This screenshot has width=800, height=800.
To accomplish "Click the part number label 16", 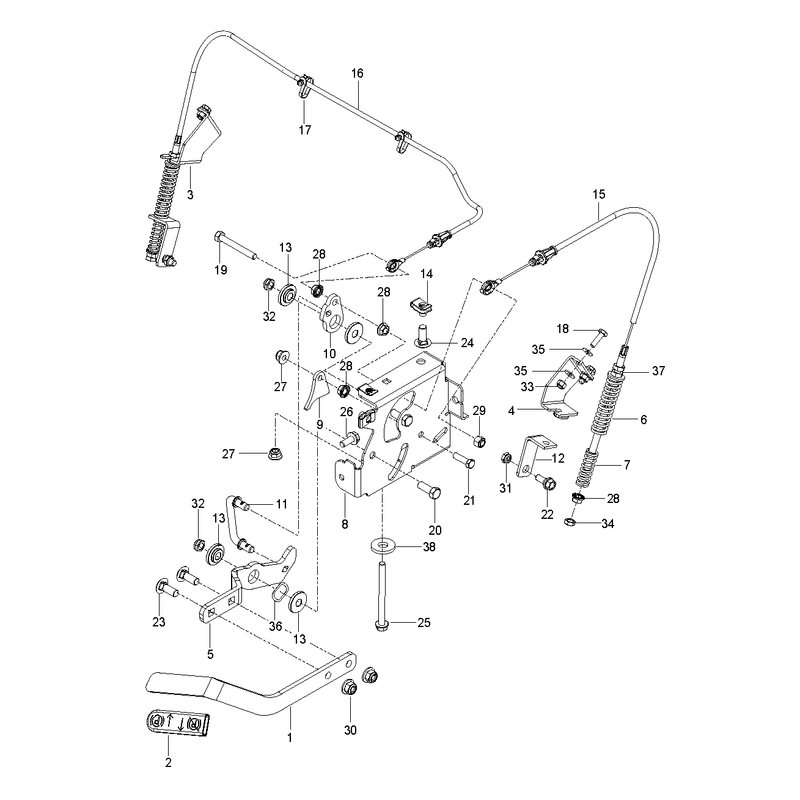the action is tap(357, 73).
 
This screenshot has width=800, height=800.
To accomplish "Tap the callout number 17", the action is tap(305, 130).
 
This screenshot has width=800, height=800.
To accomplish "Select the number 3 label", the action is tap(190, 194).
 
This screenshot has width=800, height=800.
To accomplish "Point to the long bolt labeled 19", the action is tap(235, 245).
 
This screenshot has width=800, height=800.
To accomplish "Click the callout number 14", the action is tap(427, 274).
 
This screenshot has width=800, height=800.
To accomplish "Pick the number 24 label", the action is tap(467, 343).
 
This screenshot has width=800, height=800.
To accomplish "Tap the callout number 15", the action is tap(599, 194).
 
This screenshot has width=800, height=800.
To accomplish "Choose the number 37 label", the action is tap(659, 371).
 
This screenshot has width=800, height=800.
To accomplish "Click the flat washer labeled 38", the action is tap(382, 545).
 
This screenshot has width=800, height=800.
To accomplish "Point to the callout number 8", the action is tap(345, 524).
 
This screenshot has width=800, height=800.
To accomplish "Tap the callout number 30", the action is tap(350, 730).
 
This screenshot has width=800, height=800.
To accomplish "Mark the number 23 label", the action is tap(159, 622).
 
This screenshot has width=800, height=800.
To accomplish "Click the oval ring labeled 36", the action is tap(278, 592).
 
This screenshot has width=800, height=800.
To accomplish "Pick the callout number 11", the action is tap(282, 504).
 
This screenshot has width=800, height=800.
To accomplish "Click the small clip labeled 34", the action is tap(570, 521).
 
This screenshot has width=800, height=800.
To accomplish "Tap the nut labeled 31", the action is tap(506, 457).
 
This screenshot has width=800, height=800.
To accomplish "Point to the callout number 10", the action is tap(330, 354).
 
